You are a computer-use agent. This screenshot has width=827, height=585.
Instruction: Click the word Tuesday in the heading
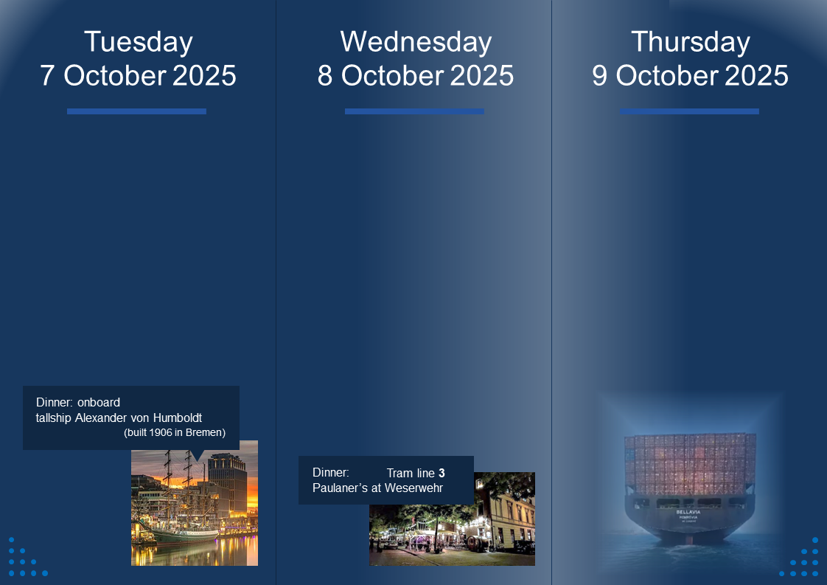pos(138,42)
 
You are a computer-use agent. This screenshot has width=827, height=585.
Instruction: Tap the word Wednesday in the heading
pos(416,42)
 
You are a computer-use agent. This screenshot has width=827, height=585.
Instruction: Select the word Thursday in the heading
pos(691,42)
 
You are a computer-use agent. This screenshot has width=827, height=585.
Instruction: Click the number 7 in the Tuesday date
pos(47,75)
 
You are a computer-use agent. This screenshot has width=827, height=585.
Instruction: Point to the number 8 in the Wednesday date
pos(325,75)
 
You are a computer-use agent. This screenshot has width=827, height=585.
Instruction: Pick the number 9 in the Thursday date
pos(600,75)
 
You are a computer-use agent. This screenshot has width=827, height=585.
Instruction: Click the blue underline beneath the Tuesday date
pos(136,111)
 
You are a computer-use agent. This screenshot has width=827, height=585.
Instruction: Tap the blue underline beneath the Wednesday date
pos(414,111)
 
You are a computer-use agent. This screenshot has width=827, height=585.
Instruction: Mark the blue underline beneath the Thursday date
pos(689,111)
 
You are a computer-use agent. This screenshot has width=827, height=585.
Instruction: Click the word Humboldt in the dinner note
pos(177,418)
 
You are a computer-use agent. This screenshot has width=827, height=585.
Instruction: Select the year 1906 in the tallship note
pos(161,432)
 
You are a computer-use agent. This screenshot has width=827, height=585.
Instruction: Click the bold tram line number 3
pos(442,473)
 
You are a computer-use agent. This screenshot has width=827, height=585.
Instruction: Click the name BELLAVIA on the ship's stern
pos(688,512)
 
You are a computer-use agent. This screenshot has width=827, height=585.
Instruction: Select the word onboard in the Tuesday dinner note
pos(99,402)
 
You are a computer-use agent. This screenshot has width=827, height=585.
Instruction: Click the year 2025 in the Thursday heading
pos(756,75)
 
